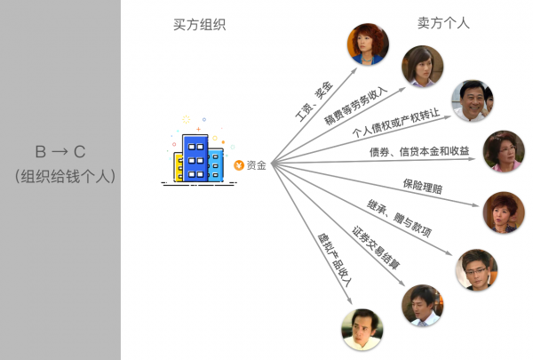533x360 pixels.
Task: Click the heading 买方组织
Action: pyautogui.click(x=199, y=25)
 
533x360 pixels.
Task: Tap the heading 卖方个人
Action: pyautogui.click(x=443, y=23)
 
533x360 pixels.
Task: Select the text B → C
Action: pyautogui.click(x=61, y=151)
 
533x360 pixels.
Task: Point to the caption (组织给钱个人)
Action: pyautogui.click(x=61, y=176)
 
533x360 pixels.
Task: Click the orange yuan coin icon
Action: pyautogui.click(x=238, y=164)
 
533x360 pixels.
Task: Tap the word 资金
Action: pyautogui.click(x=256, y=164)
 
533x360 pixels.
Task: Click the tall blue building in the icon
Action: pyautogui.click(x=195, y=157)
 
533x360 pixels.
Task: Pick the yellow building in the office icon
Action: pyautogui.click(x=179, y=164)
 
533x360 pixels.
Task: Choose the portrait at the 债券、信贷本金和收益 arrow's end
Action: pyautogui.click(x=504, y=152)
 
